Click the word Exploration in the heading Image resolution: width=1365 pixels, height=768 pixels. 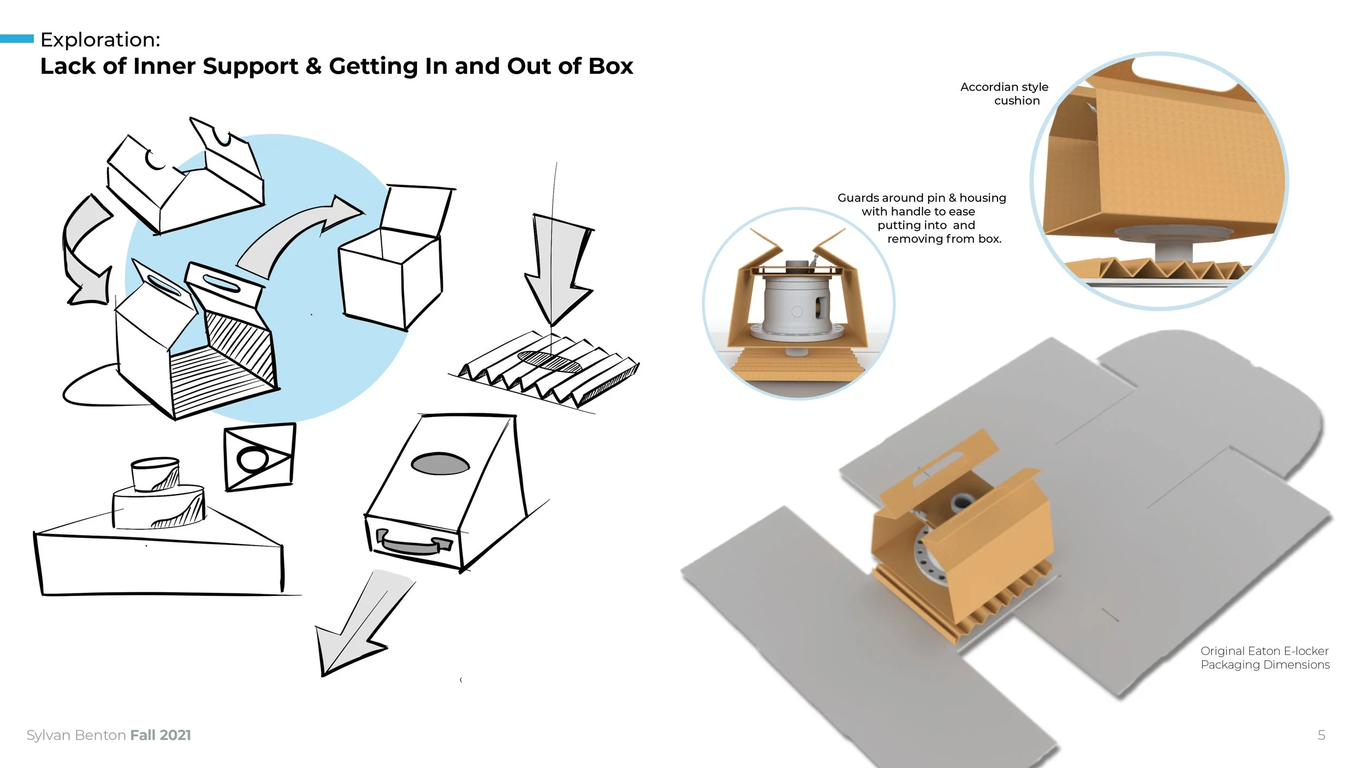click(x=100, y=40)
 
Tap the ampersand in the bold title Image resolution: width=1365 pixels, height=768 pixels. click(x=313, y=67)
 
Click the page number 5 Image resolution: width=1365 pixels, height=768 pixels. click(x=1321, y=735)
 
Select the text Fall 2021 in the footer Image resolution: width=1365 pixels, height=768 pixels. click(x=161, y=735)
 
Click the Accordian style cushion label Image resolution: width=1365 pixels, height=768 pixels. click(x=1005, y=93)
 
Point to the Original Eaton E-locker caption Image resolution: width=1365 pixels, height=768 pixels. click(x=1265, y=658)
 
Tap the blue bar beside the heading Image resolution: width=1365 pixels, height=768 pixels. click(x=16, y=39)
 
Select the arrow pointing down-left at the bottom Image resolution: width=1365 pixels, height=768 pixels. click(x=358, y=628)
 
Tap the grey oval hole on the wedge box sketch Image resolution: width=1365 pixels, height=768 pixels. click(x=440, y=464)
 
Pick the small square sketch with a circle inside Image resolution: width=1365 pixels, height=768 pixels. click(x=259, y=457)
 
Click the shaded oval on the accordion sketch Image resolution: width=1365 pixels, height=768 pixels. click(x=549, y=361)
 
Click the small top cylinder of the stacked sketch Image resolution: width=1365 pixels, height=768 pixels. click(x=155, y=474)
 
